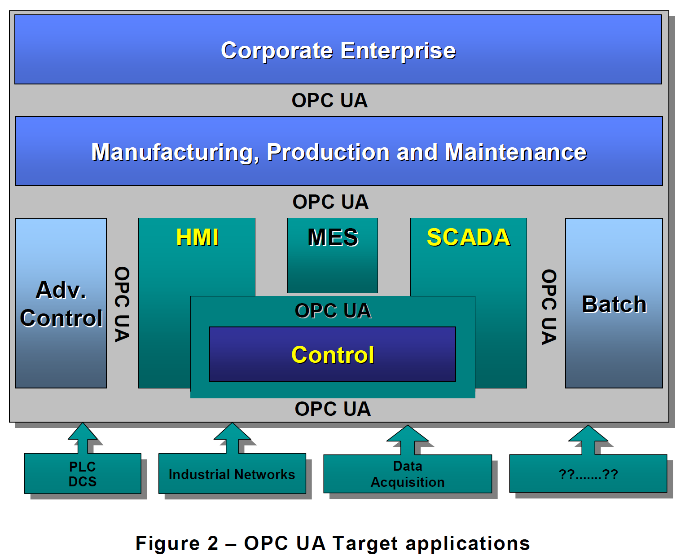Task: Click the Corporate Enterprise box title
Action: (x=338, y=50)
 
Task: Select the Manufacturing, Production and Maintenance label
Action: (x=339, y=152)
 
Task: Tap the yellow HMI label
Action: (x=197, y=237)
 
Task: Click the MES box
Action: (x=333, y=255)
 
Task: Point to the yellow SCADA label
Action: (x=468, y=237)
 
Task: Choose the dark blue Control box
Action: (x=333, y=354)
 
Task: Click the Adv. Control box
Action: (x=61, y=303)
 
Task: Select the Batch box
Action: (x=614, y=303)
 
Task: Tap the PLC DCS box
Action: (x=83, y=474)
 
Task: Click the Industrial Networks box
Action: (x=232, y=474)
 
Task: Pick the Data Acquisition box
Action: (x=408, y=474)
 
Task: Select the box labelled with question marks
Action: (x=588, y=474)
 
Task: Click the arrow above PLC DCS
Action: (x=83, y=438)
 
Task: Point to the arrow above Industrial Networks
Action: (x=232, y=438)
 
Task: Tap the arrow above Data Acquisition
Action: (x=408, y=440)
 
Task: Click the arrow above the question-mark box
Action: (x=588, y=440)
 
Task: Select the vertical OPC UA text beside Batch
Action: (x=549, y=307)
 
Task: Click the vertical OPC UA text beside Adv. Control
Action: (x=122, y=304)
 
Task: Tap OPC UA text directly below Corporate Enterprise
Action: (x=329, y=100)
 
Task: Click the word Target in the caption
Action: (x=365, y=543)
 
